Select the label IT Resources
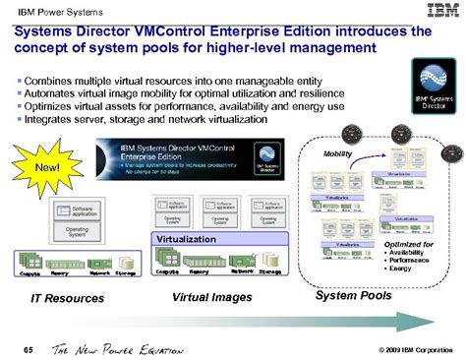(58, 296)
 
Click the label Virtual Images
(207, 296)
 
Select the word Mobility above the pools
(339, 153)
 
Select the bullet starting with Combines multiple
(151, 77)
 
